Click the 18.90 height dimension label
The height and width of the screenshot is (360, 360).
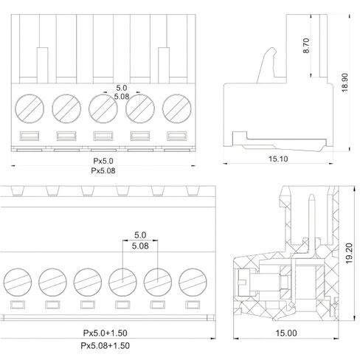[x=345, y=83]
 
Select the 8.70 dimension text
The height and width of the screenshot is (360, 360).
[x=306, y=46]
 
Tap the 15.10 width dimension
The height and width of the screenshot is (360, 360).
[x=278, y=159]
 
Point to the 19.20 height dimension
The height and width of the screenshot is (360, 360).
[x=349, y=254]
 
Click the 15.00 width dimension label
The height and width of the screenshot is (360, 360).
[x=286, y=333]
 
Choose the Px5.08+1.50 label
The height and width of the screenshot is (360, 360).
[x=105, y=345]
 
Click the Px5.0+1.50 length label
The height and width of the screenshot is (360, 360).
[x=105, y=333]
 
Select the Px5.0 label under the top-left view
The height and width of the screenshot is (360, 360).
[x=103, y=161]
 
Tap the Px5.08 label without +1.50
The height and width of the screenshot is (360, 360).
[x=103, y=170]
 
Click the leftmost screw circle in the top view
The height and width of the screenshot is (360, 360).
[x=30, y=108]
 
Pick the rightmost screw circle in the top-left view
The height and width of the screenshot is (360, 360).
[x=177, y=108]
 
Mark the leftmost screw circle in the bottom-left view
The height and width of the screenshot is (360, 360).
[x=18, y=282]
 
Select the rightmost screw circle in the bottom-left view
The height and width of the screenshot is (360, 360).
[x=193, y=282]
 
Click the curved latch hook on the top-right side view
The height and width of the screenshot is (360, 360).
[x=267, y=64]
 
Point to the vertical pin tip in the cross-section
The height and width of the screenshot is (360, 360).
[x=311, y=195]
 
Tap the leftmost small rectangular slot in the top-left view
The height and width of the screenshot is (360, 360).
[x=30, y=136]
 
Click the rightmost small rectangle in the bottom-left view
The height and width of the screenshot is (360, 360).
[x=193, y=305]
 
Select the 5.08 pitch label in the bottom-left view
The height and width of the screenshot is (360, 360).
[x=140, y=246]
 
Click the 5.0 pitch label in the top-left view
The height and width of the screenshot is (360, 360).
[x=122, y=88]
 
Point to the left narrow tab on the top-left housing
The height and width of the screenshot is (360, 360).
[x=43, y=65]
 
